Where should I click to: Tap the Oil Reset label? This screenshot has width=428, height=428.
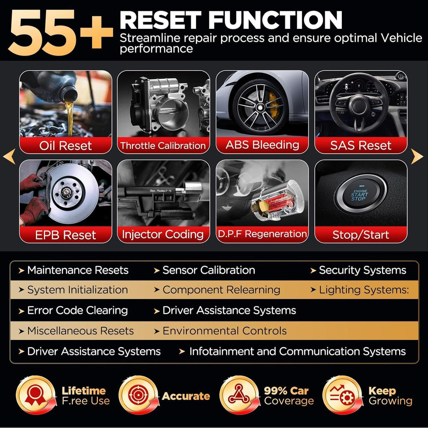66,145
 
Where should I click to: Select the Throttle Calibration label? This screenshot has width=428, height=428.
163,146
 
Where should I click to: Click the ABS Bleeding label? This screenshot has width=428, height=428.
262,145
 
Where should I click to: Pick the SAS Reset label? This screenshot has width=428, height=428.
360,145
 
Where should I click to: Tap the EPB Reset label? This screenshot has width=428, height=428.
66,235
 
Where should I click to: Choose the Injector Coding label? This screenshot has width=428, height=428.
163,234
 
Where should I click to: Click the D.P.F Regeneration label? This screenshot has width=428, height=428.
262,234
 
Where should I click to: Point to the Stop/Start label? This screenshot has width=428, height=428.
360,235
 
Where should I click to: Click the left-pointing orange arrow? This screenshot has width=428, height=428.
9,157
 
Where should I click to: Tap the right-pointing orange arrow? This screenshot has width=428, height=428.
417,157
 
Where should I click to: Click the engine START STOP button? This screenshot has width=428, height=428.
360,194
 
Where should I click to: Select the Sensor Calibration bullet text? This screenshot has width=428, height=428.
209,270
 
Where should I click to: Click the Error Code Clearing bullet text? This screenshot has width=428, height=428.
77,311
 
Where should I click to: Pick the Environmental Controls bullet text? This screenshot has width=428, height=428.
224,331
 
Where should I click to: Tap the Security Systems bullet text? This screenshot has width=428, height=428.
362,270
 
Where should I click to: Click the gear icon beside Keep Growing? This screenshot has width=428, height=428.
342,395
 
